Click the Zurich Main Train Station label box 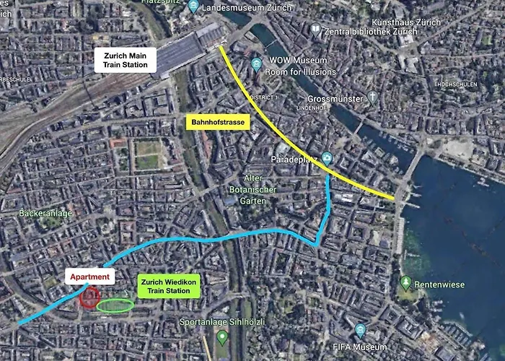point(125,60)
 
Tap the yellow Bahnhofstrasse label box point(218,123)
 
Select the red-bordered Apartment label point(90,277)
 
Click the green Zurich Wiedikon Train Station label point(167,285)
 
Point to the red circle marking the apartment point(89,297)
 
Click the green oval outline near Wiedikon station point(115,305)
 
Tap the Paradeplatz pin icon point(328,157)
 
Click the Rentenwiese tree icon point(406,282)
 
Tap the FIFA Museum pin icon point(361,331)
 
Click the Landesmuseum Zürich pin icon point(193,7)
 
